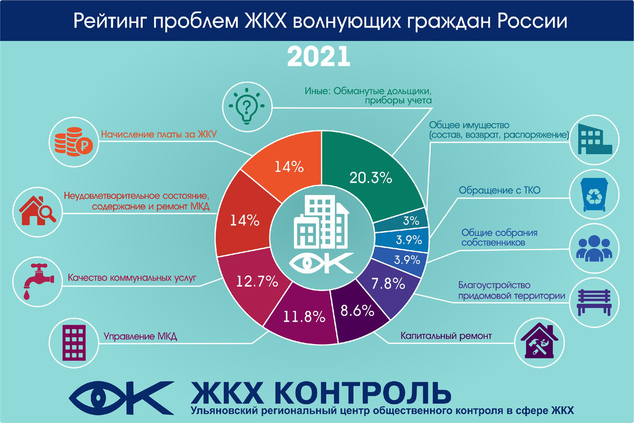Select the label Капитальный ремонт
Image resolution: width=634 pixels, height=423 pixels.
(446, 336)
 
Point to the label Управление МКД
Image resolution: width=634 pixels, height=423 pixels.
(140, 336)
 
